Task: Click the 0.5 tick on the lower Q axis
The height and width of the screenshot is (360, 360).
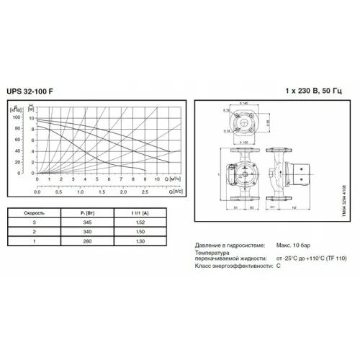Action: [x=59, y=193]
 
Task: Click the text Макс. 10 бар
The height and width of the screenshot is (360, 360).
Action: [x=292, y=246]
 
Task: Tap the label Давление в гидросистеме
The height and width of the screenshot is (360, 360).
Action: [x=226, y=246]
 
